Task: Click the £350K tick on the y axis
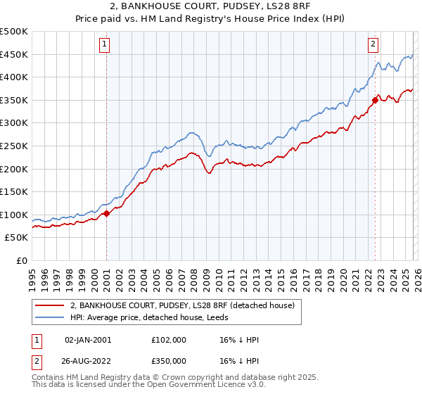point(14,100)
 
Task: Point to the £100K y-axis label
point(14,215)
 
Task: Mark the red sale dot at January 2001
point(106,214)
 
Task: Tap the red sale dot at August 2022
point(375,100)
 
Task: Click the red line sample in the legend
point(49,305)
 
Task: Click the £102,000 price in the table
point(168,340)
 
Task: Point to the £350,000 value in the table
point(168,360)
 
